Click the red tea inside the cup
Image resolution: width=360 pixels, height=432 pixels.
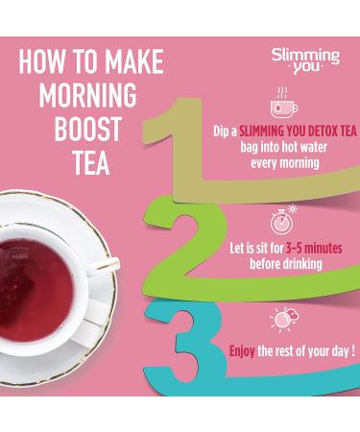pyautogui.click(x=43, y=268)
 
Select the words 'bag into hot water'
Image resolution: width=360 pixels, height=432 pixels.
pyautogui.click(x=284, y=146)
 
